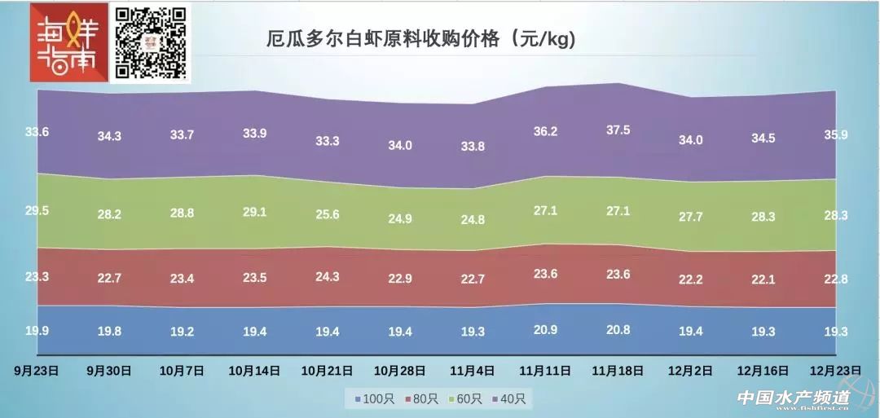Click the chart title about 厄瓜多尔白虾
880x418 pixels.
pyautogui.click(x=420, y=39)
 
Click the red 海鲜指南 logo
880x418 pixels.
pyautogui.click(x=68, y=43)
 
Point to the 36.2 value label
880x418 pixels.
pyautogui.click(x=544, y=131)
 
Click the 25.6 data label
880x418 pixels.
pyautogui.click(x=326, y=214)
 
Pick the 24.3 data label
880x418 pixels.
pyautogui.click(x=326, y=276)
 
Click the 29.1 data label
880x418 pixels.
pyautogui.click(x=255, y=211)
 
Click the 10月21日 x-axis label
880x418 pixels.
pyautogui.click(x=326, y=369)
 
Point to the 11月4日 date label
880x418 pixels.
pyautogui.click(x=473, y=369)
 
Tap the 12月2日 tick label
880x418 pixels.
pyautogui.click(x=691, y=369)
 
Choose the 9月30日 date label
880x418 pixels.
pyautogui.click(x=109, y=369)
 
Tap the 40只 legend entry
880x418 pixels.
pyautogui.click(x=512, y=399)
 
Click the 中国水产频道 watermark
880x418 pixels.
pyautogui.click(x=793, y=398)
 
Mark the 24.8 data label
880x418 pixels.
pyautogui.click(x=473, y=219)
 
